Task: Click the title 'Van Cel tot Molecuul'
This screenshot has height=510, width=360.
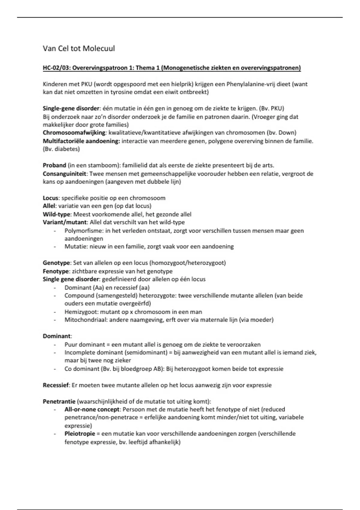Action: (x=79, y=49)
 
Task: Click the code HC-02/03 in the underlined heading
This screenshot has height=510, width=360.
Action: (x=56, y=68)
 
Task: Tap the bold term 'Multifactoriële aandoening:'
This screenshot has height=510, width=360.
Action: (x=81, y=141)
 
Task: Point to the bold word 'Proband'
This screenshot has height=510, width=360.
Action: (x=54, y=165)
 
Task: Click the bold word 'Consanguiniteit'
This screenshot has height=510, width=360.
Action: (x=64, y=174)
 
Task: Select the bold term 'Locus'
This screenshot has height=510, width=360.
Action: (x=51, y=198)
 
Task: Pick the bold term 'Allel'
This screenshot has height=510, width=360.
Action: (x=49, y=206)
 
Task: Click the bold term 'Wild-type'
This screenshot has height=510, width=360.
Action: (x=57, y=214)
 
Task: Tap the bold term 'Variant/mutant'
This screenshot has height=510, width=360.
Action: (x=65, y=222)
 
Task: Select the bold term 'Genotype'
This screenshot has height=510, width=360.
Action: (x=56, y=263)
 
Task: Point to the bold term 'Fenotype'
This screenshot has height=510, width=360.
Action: (x=55, y=271)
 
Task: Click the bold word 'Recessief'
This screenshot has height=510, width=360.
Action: (x=56, y=385)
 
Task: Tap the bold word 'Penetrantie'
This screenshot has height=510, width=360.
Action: (x=59, y=401)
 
